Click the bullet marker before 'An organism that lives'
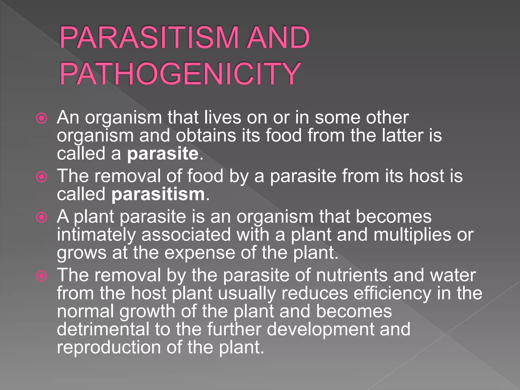tap(42, 118)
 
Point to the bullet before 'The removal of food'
tap(42, 177)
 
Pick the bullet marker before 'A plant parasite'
tap(42, 217)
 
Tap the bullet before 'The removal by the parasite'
tap(42, 276)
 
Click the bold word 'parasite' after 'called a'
tap(163, 154)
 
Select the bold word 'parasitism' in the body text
tap(158, 194)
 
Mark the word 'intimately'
tap(96, 235)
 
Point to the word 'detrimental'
tap(103, 329)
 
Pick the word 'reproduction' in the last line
tap(109, 347)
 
